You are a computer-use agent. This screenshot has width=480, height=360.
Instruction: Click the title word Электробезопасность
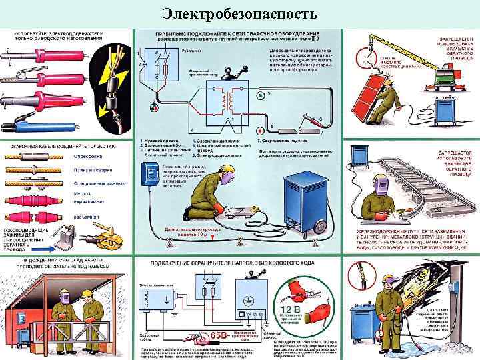[240, 13]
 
